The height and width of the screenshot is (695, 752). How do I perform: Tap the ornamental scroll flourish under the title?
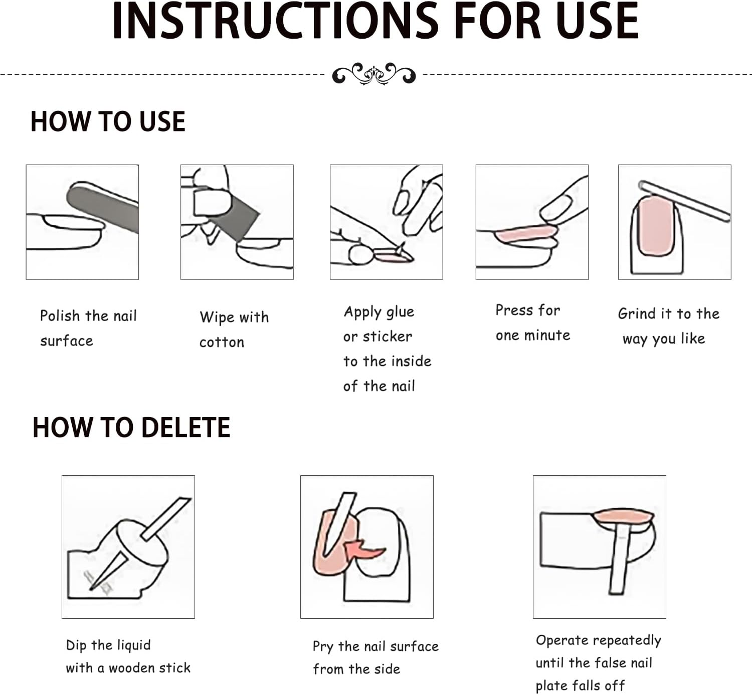click(x=373, y=74)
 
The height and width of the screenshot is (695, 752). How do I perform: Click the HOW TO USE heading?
click(x=108, y=122)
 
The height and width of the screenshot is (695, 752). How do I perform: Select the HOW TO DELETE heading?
click(x=131, y=428)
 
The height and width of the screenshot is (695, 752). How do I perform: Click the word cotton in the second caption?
click(x=222, y=342)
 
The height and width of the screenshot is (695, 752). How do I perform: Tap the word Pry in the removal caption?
click(x=323, y=647)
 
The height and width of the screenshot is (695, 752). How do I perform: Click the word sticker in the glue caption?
click(x=387, y=336)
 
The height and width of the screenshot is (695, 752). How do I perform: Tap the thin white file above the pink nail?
click(x=684, y=201)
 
